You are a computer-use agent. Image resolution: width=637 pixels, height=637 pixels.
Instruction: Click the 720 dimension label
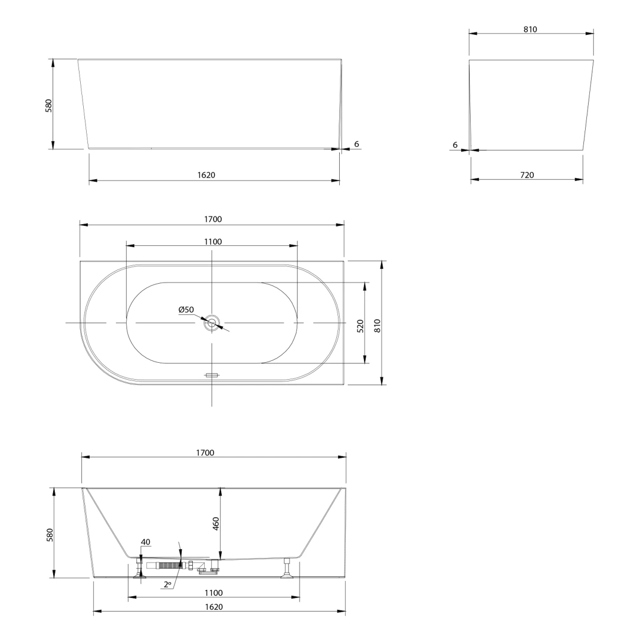coord(527,175)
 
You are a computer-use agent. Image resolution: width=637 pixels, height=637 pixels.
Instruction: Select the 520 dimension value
coord(360,326)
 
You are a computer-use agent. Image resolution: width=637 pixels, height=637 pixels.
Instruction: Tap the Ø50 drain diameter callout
coord(186,310)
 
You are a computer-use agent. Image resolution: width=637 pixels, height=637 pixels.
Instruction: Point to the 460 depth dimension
coord(216,524)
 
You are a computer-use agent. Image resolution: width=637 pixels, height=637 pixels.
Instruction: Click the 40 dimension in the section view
coord(146,542)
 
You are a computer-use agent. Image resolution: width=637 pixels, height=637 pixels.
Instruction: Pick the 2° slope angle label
coord(167,585)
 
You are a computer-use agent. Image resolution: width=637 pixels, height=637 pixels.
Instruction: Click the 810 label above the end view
coord(530,29)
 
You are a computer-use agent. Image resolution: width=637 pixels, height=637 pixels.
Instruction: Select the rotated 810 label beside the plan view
coord(377,326)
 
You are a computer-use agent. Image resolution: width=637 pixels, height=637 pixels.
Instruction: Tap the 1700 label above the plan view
coord(213,219)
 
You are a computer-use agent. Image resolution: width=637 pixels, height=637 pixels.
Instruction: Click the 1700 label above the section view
coord(205,452)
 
